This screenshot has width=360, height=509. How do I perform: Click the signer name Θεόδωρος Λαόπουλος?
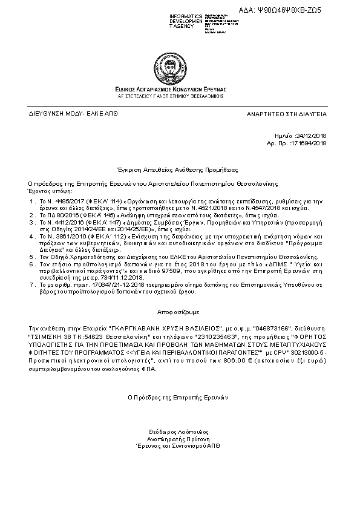click(x=178, y=432)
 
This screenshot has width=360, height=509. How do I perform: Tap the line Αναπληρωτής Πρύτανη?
click(x=178, y=438)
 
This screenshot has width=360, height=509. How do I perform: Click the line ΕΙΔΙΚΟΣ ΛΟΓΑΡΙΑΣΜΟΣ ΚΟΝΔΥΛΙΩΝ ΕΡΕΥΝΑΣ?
click(x=179, y=89)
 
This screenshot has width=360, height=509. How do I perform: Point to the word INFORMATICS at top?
click(x=169, y=15)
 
